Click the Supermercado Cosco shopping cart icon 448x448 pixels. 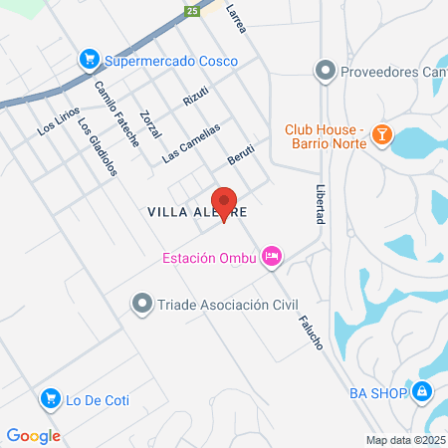coord(91,61)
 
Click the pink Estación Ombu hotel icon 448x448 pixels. coord(272,258)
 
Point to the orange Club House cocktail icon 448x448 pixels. coord(381,136)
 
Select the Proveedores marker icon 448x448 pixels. coord(323,71)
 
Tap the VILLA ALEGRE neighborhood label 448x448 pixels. coord(195,212)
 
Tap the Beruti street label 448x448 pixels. coord(241,155)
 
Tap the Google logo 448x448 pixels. coord(33,435)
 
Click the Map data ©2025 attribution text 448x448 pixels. coord(404,439)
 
